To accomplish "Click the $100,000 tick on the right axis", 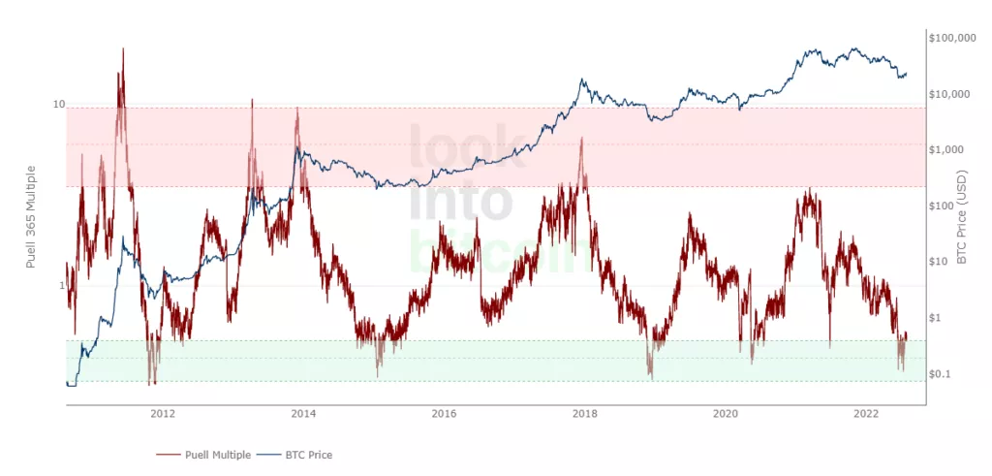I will [951, 38].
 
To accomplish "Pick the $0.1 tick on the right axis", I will [943, 373].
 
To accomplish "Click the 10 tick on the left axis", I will [58, 105].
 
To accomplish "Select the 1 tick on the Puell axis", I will [61, 286].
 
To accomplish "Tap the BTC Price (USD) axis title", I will [963, 217].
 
